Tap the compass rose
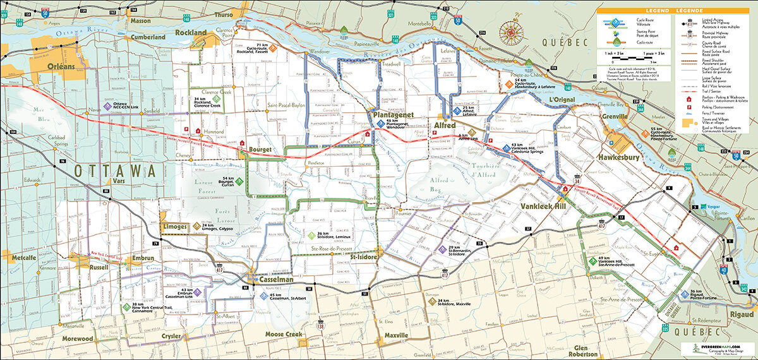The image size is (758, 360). [x=510, y=32]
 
